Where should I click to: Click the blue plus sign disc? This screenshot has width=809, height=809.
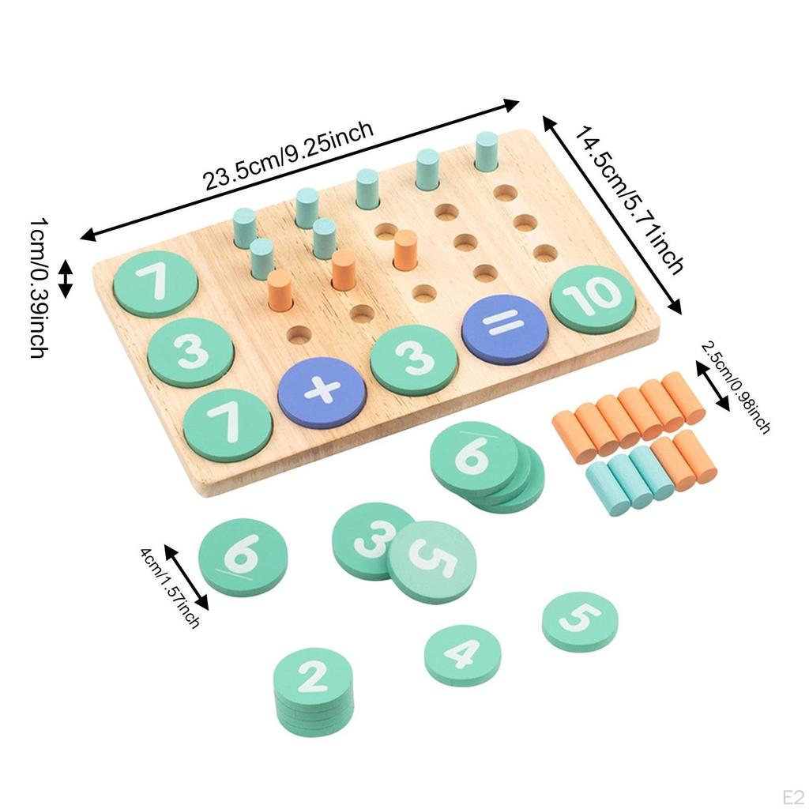[x=322, y=393]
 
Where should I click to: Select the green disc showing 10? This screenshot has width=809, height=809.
[x=593, y=298]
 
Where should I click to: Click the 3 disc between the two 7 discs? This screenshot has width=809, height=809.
[x=191, y=352]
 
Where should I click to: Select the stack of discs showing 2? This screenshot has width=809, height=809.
[x=312, y=677]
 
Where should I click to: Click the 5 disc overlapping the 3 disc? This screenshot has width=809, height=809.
[x=432, y=563]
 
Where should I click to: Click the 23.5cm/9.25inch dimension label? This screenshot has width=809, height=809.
[x=288, y=156]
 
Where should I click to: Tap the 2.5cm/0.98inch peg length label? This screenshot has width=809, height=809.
[x=736, y=386]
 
